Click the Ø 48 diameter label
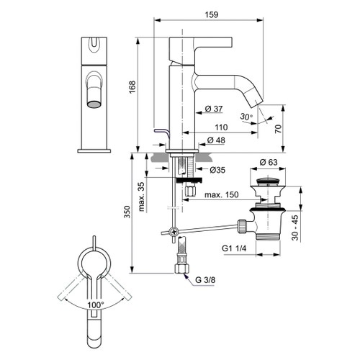[x=215, y=139]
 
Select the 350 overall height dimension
[x=127, y=213]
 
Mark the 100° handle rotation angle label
[x=96, y=305]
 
